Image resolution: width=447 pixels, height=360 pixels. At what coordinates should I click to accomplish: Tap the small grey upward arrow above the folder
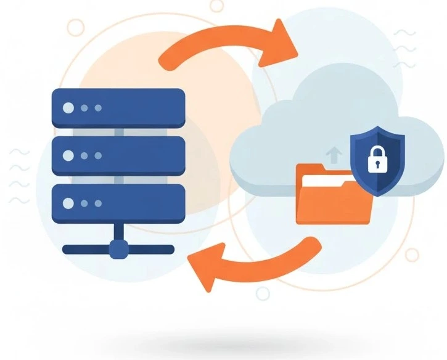click(334, 153)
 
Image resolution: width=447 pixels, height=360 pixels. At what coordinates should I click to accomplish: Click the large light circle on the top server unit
click(68, 108)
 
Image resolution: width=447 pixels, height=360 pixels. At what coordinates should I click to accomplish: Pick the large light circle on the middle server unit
click(68, 154)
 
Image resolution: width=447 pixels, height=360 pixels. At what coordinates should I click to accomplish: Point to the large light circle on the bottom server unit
click(68, 202)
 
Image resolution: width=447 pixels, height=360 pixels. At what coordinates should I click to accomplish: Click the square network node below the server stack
click(118, 249)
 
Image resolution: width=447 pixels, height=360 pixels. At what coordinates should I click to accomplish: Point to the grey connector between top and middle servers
click(118, 132)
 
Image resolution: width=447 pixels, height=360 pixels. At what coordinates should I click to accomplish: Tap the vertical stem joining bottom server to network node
click(118, 232)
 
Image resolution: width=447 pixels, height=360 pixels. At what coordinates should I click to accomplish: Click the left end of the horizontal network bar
click(67, 250)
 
